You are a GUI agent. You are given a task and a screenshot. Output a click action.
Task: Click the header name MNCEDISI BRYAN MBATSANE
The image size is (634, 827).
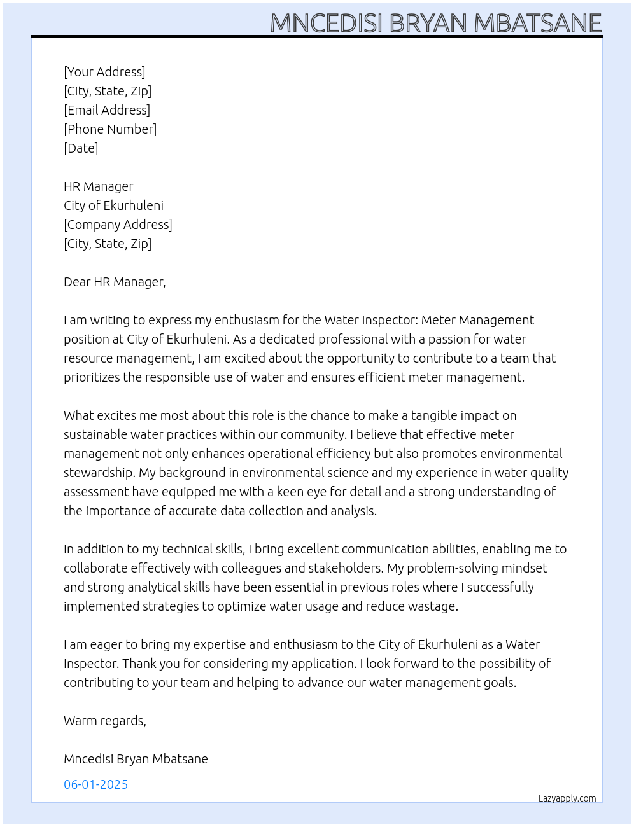(436, 23)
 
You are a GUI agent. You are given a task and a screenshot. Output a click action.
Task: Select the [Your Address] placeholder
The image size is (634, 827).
(104, 72)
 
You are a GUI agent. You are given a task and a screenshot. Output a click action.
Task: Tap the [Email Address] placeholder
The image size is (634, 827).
(107, 110)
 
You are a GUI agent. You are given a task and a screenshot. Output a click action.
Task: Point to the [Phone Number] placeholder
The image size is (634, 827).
(110, 129)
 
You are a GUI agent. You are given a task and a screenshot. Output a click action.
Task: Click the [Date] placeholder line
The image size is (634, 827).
(81, 148)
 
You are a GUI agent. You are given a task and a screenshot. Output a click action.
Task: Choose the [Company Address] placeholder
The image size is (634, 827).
(118, 225)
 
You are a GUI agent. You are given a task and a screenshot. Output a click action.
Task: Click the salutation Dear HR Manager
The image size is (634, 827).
(115, 282)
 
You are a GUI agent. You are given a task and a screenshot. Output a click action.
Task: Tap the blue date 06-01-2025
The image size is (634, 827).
(96, 784)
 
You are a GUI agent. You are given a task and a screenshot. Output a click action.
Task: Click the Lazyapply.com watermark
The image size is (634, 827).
(567, 798)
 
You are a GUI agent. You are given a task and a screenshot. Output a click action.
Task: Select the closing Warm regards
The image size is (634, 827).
(105, 721)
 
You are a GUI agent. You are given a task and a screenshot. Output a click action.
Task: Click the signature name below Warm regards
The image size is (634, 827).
(136, 759)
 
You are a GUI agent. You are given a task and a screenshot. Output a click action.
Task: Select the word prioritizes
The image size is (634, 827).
(92, 377)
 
